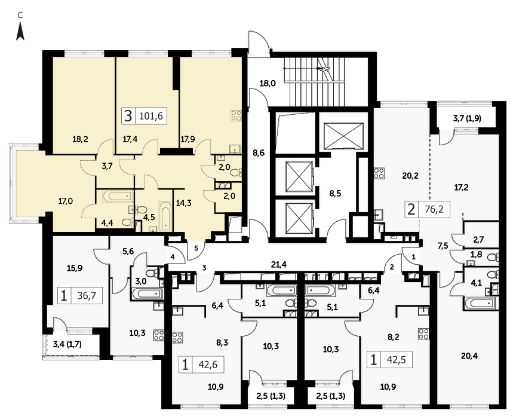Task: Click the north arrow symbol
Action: pyautogui.click(x=20, y=31)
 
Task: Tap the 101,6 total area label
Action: pyautogui.click(x=151, y=116)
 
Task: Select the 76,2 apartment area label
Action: pyautogui.click(x=434, y=209)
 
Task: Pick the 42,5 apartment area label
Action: pyautogui.click(x=397, y=360)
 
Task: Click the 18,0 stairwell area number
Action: pyautogui.click(x=268, y=83)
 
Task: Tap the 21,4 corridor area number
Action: pyautogui.click(x=279, y=264)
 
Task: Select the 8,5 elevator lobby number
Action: pyautogui.click(x=335, y=193)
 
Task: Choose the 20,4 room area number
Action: pyautogui.click(x=469, y=356)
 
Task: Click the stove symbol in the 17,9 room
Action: pyautogui.click(x=236, y=115)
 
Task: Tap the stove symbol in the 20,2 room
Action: pyautogui.click(x=380, y=173)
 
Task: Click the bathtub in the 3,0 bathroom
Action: pyautogui.click(x=146, y=293)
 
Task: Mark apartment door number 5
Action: pyautogui.click(x=196, y=248)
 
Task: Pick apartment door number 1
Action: pyautogui.click(x=413, y=257)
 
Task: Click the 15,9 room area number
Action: pyautogui.click(x=75, y=268)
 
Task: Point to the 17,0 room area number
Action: pyautogui.click(x=66, y=201)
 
